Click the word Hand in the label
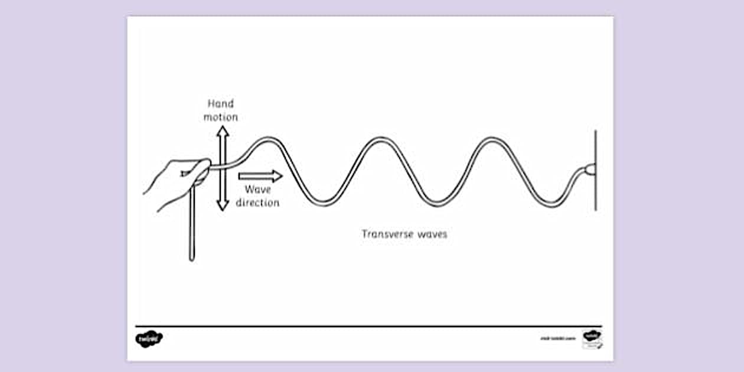[221, 104]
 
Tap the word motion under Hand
[221, 117]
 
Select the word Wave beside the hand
[257, 190]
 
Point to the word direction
[257, 203]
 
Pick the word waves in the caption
[432, 234]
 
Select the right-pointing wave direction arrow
[260, 175]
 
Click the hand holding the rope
[177, 180]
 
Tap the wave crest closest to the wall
[490, 140]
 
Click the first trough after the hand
[324, 203]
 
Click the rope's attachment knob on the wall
[589, 169]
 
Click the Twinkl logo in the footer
[149, 339]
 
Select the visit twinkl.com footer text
[557, 339]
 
